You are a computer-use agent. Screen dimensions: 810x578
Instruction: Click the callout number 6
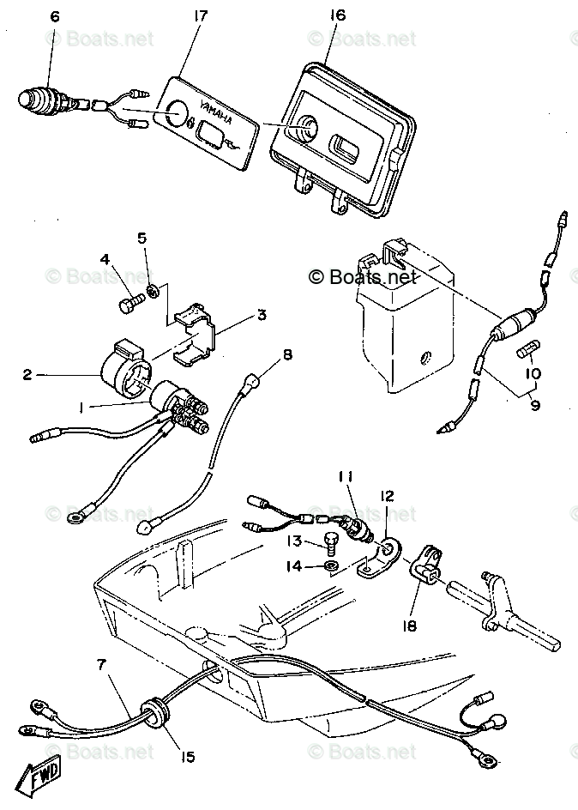[56, 17]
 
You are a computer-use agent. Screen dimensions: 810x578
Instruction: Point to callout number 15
[188, 757]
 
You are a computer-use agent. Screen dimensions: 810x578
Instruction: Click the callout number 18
[410, 626]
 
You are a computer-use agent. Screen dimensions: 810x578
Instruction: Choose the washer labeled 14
[331, 566]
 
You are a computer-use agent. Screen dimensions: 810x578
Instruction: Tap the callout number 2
[27, 375]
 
